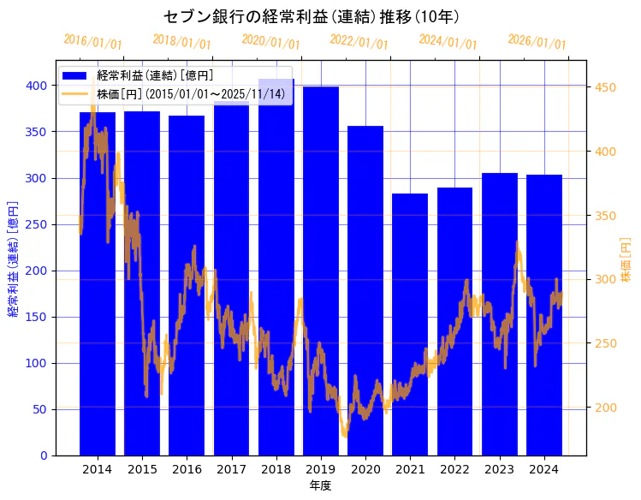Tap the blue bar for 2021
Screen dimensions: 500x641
410,324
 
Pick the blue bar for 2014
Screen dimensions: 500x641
98,283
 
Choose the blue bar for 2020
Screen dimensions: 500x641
365,291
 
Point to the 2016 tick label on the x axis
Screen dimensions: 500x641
187,469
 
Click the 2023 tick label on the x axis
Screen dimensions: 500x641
500,469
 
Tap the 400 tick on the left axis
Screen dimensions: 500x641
36,86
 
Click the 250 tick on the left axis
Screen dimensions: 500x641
36,224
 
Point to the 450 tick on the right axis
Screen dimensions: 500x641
605,87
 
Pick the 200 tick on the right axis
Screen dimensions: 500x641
605,408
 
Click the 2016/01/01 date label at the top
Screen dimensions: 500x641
93,42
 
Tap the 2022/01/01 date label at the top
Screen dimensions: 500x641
359,42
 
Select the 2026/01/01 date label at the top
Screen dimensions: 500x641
537,42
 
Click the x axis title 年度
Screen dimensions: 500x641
320,485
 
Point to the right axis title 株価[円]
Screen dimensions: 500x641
626,261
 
